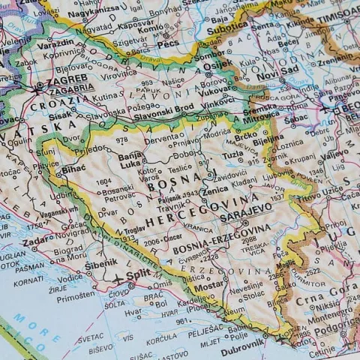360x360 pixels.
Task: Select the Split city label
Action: pos(139,274)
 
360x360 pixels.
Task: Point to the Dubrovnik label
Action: pos(243,342)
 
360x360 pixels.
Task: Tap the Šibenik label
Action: pos(100,263)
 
